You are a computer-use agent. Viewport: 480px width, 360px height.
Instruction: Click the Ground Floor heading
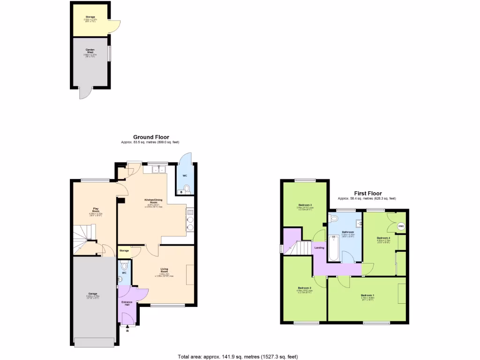(150, 137)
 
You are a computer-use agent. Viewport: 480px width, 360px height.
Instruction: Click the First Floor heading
(367, 193)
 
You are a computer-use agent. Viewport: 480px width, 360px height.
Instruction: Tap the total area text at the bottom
(238, 357)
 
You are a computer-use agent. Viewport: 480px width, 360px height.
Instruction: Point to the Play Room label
(96, 210)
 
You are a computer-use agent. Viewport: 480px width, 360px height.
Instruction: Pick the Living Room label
(164, 270)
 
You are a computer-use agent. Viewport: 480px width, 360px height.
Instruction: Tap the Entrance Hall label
(127, 303)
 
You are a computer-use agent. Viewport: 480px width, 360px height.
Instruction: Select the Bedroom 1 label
(367, 295)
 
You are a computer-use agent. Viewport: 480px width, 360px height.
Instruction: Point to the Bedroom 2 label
(304, 288)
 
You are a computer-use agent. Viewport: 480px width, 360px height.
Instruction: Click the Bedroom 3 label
(305, 205)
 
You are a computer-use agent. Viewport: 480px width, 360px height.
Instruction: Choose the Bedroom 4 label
(383, 238)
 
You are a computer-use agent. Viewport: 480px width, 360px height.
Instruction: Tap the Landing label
(319, 247)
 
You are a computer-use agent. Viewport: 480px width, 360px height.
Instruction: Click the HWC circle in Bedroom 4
(401, 226)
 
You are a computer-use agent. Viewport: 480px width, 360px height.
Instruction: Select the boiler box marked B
(181, 191)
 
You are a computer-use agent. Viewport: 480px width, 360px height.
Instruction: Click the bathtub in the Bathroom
(333, 248)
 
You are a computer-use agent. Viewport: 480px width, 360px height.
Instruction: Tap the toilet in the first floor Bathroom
(334, 219)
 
